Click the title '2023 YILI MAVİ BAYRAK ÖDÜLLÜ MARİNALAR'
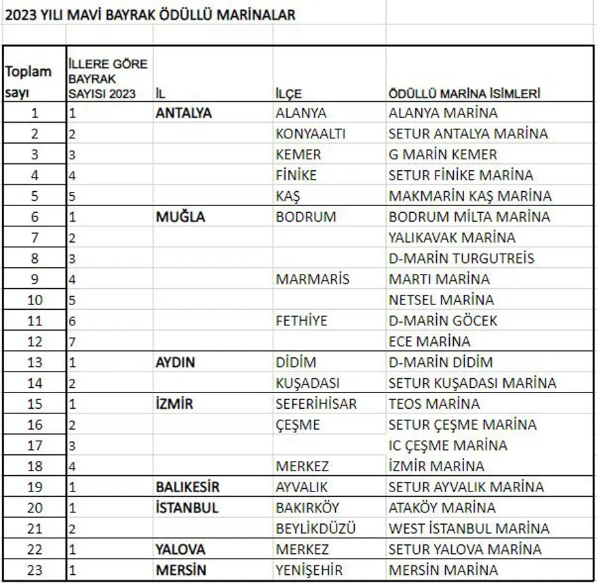(150, 14)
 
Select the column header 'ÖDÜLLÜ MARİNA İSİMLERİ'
(464, 94)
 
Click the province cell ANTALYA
(183, 113)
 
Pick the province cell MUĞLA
(180, 217)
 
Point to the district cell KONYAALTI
(310, 134)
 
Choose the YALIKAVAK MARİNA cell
(452, 237)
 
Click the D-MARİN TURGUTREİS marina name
(461, 258)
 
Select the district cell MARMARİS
(312, 279)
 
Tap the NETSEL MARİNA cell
(441, 300)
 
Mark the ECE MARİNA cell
(429, 342)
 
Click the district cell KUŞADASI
(307, 383)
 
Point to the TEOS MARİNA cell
(434, 404)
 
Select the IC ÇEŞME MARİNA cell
(448, 445)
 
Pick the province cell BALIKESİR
(187, 487)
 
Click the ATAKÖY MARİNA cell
(442, 508)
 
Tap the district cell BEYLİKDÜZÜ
(315, 528)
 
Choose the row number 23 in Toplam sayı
(35, 570)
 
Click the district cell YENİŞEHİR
(309, 570)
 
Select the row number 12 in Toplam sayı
(35, 342)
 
